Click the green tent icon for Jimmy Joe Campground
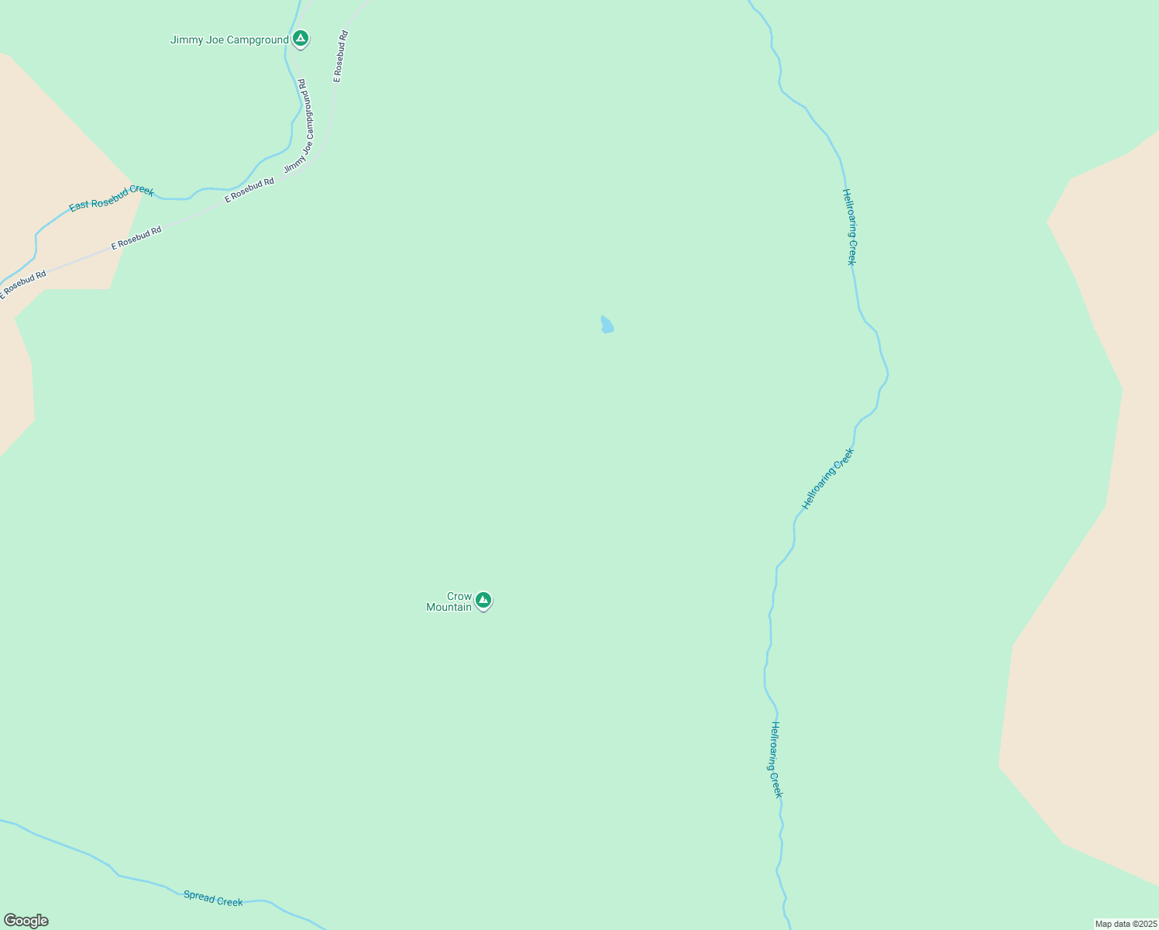[x=301, y=38]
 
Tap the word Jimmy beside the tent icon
[x=187, y=40]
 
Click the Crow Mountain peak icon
[x=483, y=600]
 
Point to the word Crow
[x=459, y=596]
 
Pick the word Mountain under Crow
[x=449, y=607]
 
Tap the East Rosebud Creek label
[x=112, y=198]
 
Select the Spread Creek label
[x=213, y=898]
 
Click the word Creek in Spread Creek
[x=229, y=901]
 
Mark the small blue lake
[x=607, y=325]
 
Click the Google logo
[x=26, y=921]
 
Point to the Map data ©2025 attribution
[x=1125, y=924]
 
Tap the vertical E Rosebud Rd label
[x=340, y=57]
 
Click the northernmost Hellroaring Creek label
[x=850, y=227]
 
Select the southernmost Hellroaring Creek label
[x=776, y=759]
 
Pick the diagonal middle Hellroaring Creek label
[x=827, y=478]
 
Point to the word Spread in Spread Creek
[x=198, y=895]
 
